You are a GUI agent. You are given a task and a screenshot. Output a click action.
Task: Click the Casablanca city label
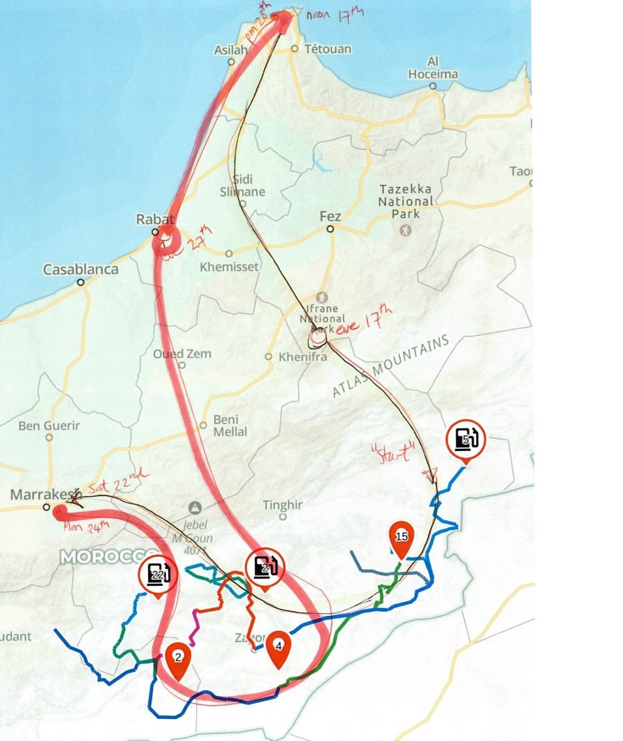tap(81, 269)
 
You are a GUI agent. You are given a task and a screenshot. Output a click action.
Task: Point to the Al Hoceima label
tap(433, 67)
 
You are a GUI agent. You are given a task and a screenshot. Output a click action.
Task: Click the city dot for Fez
tap(330, 228)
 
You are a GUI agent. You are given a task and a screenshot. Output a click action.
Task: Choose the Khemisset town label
tap(228, 266)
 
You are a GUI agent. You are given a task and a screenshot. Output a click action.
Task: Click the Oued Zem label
tap(182, 354)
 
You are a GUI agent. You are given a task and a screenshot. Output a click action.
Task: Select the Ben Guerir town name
tap(49, 426)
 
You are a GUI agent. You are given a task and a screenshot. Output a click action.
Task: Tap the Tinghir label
tap(282, 505)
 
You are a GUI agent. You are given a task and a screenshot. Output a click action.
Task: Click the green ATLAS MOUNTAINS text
tap(390, 367)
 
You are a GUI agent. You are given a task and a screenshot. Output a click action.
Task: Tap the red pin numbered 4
tap(278, 648)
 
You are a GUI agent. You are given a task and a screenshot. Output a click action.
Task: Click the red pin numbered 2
tap(178, 658)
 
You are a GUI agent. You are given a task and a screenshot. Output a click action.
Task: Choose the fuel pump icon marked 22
tap(158, 574)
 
